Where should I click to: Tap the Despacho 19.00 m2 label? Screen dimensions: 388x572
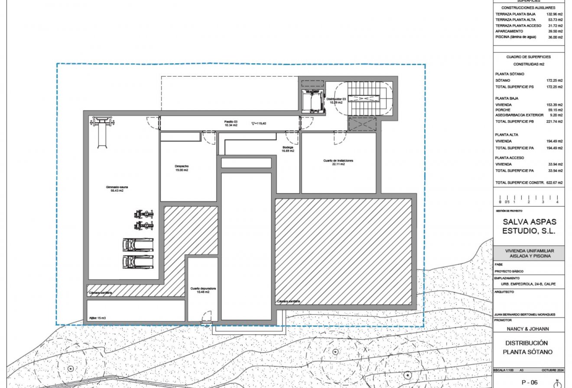pyautogui.click(x=182, y=168)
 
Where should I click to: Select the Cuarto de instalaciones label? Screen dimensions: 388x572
pyautogui.click(x=338, y=162)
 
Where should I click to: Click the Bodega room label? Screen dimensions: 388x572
pyautogui.click(x=288, y=149)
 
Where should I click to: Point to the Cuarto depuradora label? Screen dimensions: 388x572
pyautogui.click(x=203, y=290)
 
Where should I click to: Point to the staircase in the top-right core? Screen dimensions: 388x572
pyautogui.click(x=364, y=99)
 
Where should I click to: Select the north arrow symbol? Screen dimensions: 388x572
pyautogui.click(x=558, y=383)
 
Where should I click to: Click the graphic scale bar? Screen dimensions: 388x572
pyautogui.click(x=528, y=199)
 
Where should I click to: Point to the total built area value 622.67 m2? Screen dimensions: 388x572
pyautogui.click(x=554, y=183)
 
